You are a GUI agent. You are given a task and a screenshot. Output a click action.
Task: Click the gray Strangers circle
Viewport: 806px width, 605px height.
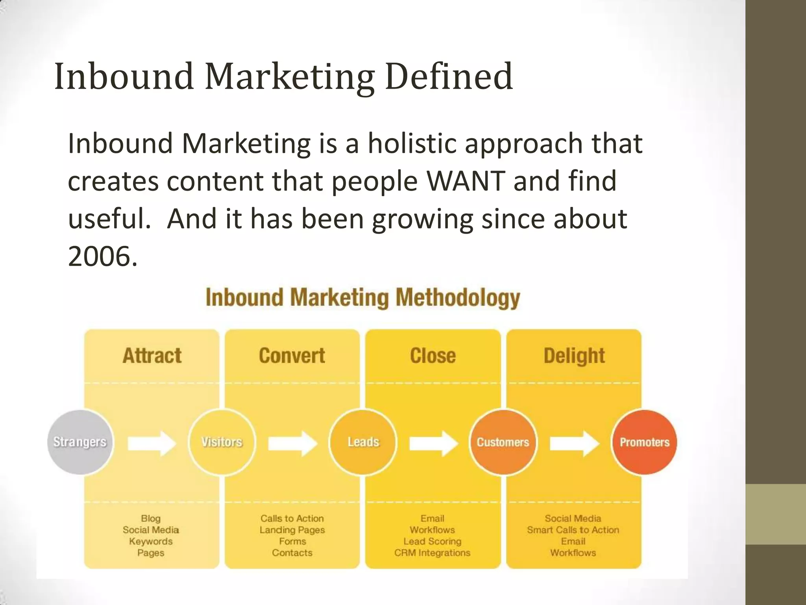pos(80,442)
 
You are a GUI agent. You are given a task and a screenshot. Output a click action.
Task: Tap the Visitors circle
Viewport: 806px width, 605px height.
pos(222,442)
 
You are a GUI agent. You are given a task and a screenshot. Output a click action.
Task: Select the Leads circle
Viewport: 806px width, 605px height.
pos(363,442)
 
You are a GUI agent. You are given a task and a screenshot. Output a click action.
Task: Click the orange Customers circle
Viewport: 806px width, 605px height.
pos(503,442)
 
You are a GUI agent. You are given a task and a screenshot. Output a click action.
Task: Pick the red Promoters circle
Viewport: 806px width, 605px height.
pos(644,442)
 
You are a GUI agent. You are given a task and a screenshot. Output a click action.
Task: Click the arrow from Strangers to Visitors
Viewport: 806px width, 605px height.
pos(152,443)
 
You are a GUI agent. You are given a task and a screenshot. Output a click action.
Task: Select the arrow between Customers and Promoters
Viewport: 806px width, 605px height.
pos(574,443)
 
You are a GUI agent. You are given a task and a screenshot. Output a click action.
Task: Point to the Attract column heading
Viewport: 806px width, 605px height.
pos(152,356)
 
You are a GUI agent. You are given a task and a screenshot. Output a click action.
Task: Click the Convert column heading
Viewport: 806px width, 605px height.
pos(292,356)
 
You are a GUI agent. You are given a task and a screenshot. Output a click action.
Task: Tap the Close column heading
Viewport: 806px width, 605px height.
pos(433,356)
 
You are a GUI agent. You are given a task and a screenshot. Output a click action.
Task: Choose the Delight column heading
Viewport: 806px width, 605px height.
pos(574,356)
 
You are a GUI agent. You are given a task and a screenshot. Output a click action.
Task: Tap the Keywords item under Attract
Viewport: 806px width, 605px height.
pos(151,541)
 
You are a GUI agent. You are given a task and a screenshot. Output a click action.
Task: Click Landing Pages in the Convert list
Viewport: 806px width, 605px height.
pos(292,530)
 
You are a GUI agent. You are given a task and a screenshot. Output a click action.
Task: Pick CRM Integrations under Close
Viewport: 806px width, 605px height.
pos(432,553)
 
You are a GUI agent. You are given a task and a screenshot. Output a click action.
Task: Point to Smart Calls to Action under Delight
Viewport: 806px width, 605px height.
pos(573,530)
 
